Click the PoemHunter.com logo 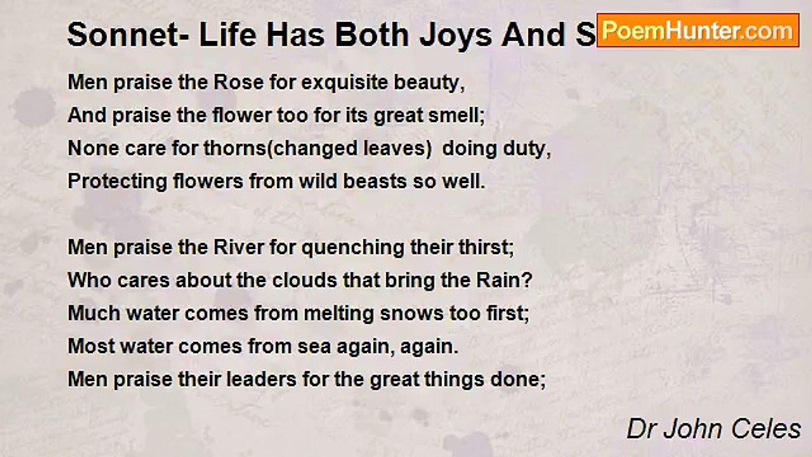coord(698,30)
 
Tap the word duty coord(528,149)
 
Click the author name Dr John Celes coord(714,429)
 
